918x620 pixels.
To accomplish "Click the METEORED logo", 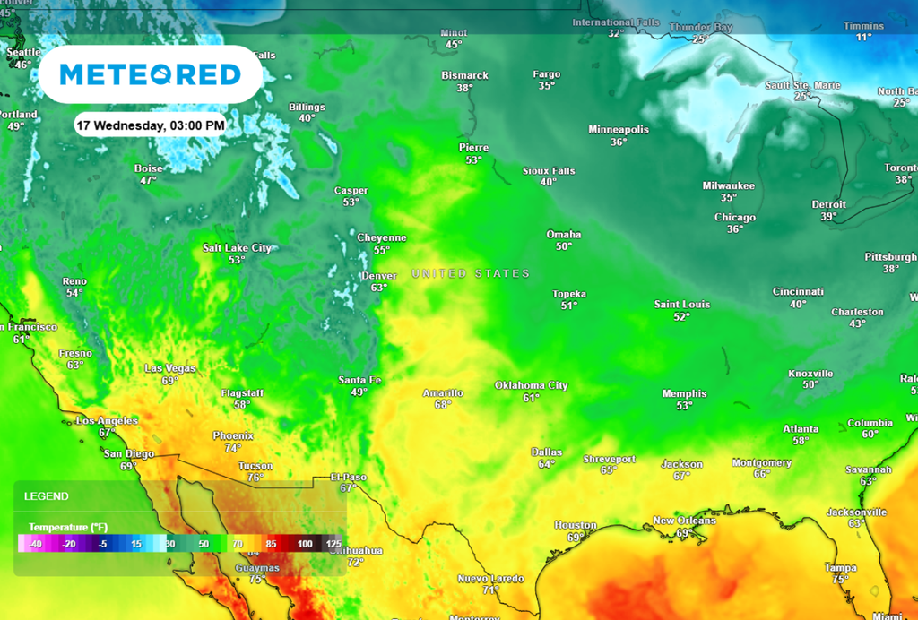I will coord(150,74).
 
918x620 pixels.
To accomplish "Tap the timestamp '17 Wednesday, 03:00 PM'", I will coord(150,125).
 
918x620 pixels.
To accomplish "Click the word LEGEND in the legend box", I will coord(46,495).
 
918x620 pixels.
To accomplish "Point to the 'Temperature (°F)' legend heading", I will coord(68,527).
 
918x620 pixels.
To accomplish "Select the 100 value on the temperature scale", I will coord(305,544).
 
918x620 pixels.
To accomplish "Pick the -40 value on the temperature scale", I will coord(35,544).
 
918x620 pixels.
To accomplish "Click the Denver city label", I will coord(378,276).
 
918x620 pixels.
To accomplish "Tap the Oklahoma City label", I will coord(532,385).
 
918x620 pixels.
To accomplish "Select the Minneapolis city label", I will coord(619,130).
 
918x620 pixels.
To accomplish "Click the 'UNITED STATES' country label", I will coord(471,273).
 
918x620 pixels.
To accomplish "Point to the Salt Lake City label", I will coord(237,248).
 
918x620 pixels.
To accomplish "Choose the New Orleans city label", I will coord(684,521).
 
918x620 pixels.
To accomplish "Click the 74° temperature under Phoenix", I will coord(233,448).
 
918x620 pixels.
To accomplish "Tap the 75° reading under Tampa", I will coord(839,580).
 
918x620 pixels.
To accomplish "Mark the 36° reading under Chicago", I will coord(735,229).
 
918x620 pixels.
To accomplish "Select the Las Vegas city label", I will coord(170,368).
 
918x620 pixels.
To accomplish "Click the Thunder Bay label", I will coord(700,28).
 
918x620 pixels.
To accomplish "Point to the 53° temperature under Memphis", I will coord(685,406).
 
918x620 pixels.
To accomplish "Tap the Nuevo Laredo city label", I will coord(490,579).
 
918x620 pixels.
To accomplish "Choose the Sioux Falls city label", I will coord(549,170).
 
